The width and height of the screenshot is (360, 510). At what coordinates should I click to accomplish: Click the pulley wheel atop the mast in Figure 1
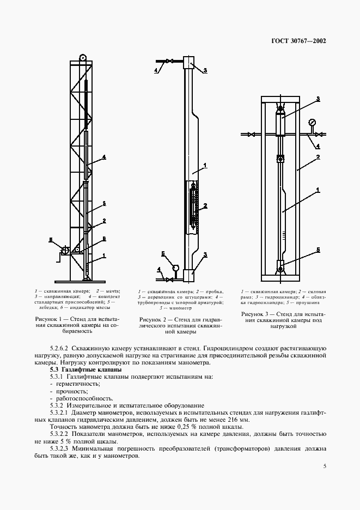(x=82, y=57)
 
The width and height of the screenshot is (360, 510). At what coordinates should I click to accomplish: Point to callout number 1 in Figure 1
(x=103, y=256)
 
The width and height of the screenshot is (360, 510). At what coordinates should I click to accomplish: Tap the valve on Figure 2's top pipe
(x=169, y=61)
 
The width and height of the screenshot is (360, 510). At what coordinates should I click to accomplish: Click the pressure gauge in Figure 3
(x=312, y=123)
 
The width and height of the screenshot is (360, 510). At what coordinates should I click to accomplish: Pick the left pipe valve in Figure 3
(x=251, y=134)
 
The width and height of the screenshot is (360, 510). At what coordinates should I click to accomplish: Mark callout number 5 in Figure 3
(x=319, y=249)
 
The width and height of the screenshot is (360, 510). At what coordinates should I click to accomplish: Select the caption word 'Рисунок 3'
(x=255, y=314)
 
